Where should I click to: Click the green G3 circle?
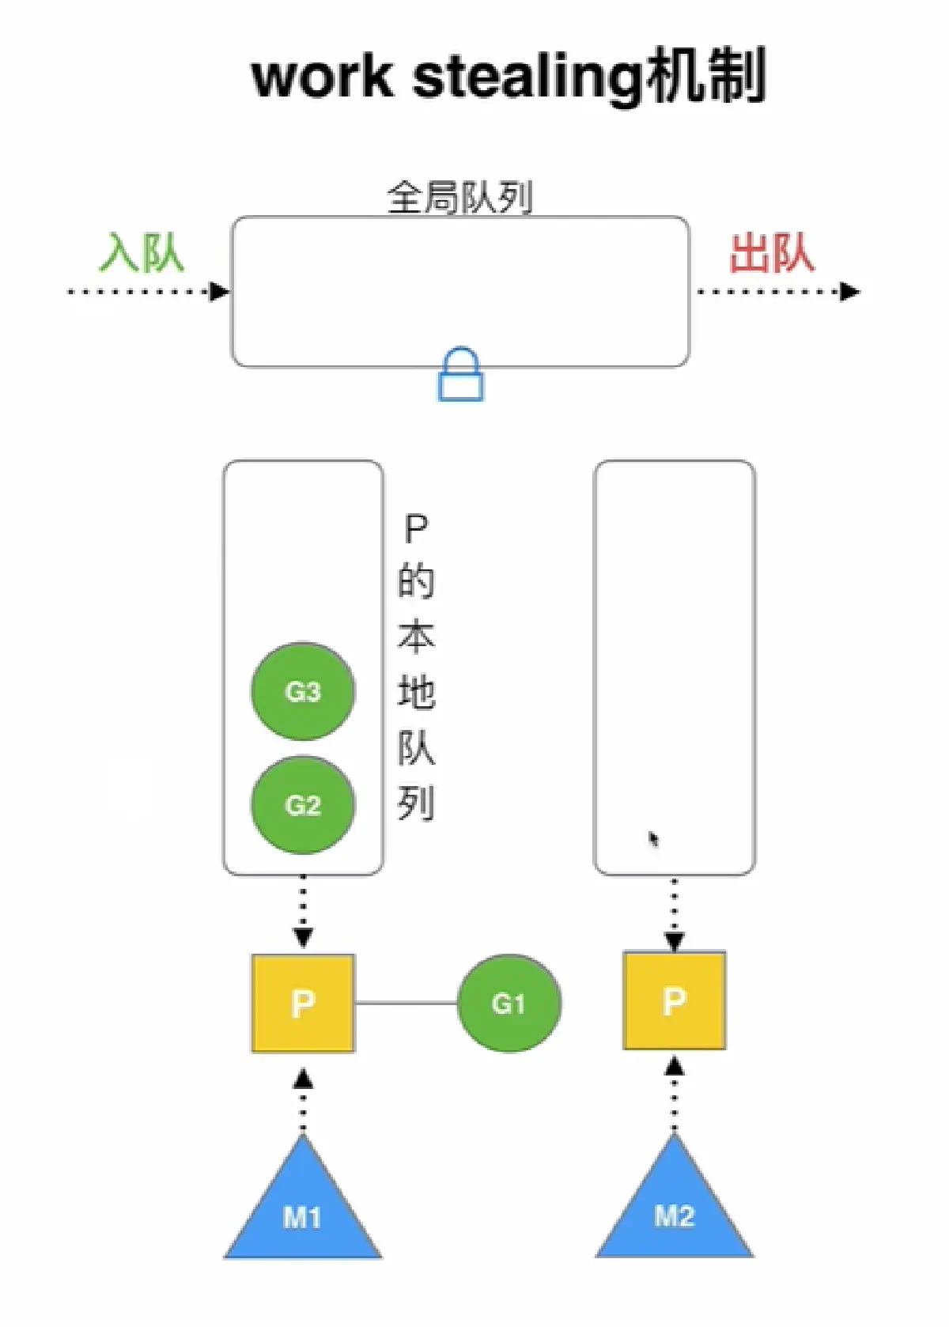click(x=303, y=691)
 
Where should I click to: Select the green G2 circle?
click(x=303, y=805)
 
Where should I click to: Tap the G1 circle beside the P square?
click(x=509, y=1003)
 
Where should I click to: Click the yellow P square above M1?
click(x=303, y=1003)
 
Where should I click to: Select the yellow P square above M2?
click(x=674, y=1000)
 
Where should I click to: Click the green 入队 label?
click(x=142, y=253)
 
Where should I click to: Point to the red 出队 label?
click(x=771, y=253)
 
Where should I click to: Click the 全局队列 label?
click(x=459, y=197)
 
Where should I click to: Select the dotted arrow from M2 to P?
click(x=674, y=1095)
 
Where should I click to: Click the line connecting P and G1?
click(x=406, y=1003)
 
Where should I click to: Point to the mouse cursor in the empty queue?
click(x=654, y=839)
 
